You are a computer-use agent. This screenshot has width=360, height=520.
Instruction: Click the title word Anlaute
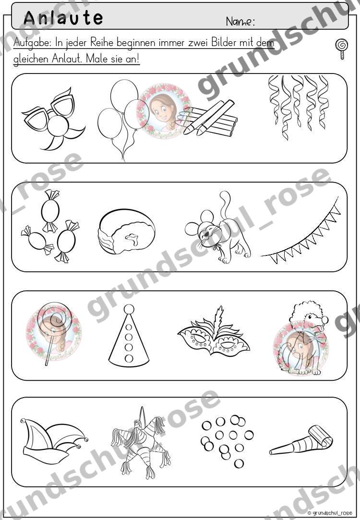pos(63,18)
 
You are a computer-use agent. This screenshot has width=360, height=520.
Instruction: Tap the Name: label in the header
pos(240,22)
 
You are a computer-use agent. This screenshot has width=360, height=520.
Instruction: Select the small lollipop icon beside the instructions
pos(342,49)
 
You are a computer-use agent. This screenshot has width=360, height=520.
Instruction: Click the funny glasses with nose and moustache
pos(52,119)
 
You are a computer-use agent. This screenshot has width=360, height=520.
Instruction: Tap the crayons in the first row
pos(207,118)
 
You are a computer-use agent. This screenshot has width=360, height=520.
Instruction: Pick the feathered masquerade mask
pos(214,333)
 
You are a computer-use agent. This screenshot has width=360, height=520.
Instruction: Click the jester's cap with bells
pos(54,440)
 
